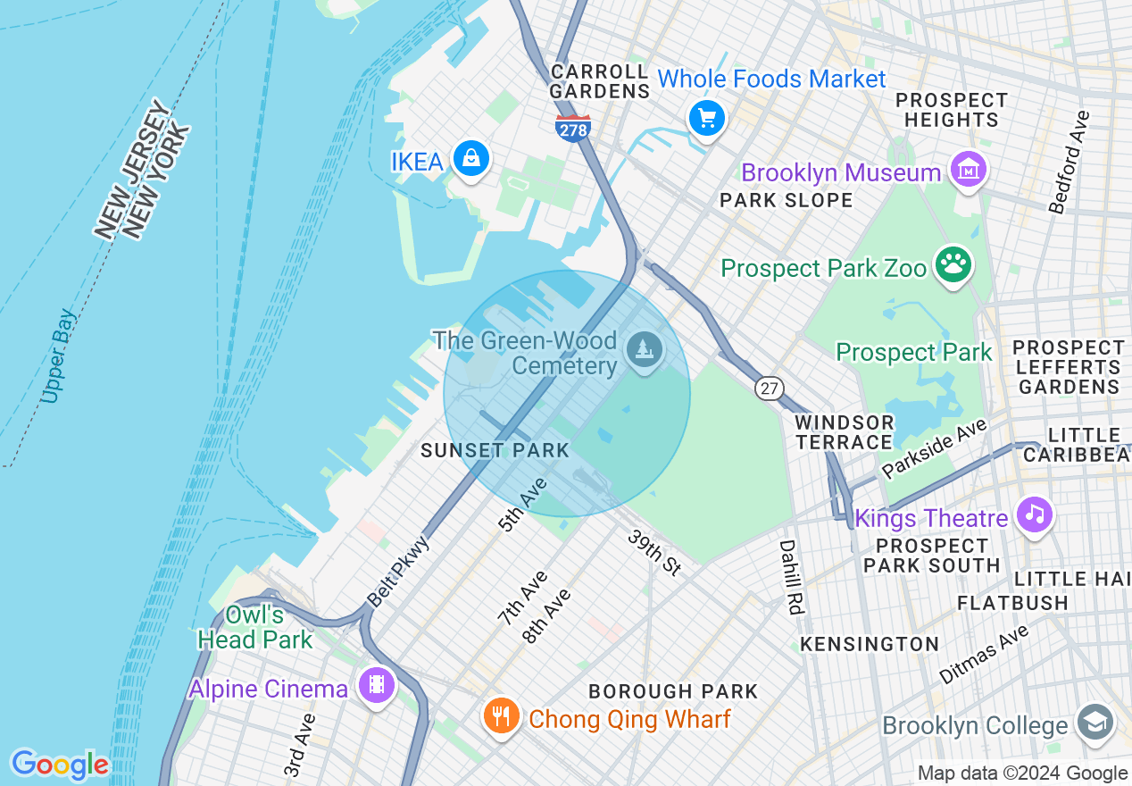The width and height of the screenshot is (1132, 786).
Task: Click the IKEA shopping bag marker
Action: tap(470, 159)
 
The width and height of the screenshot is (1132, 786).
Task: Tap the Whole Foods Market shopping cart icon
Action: tap(707, 117)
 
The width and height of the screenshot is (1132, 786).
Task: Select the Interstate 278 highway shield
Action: tap(572, 128)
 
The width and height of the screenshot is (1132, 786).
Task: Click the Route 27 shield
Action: tap(769, 388)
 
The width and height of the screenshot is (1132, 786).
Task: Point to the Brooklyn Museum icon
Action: tap(969, 170)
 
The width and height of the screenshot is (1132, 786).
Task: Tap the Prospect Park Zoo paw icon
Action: tap(953, 264)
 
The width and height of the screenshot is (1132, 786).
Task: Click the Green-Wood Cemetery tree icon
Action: tap(643, 348)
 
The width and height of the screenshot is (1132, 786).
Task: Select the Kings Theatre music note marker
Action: tap(1034, 514)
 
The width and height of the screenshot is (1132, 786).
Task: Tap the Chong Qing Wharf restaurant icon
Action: tap(501, 716)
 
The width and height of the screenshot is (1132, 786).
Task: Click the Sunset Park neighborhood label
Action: tap(495, 451)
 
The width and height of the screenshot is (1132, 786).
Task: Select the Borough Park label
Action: tap(673, 691)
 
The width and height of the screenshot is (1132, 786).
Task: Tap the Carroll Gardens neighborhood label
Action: tap(599, 80)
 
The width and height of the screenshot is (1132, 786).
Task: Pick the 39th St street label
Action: tap(654, 552)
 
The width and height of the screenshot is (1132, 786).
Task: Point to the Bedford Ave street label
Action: tap(1070, 162)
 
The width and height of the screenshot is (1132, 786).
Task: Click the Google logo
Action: tap(60, 765)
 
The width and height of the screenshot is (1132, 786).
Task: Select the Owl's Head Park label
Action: tap(255, 627)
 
